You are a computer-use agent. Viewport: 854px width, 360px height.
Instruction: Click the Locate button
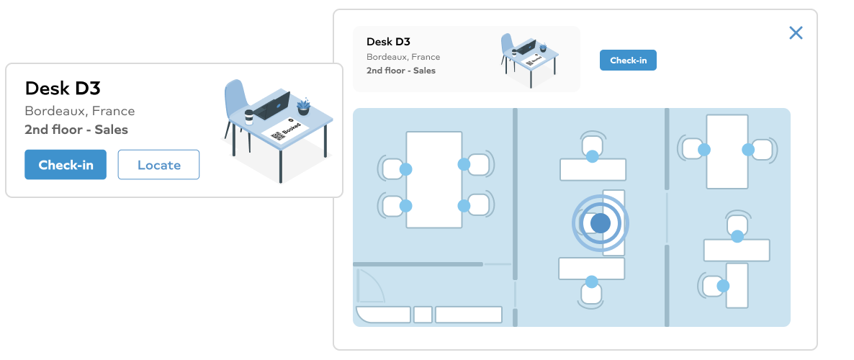(158, 164)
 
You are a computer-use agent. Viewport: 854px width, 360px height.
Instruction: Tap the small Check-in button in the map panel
(628, 60)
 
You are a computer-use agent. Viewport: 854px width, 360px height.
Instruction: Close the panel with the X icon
(796, 33)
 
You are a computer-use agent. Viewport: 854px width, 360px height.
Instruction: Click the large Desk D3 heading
(63, 88)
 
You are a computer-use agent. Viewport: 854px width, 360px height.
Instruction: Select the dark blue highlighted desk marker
(601, 223)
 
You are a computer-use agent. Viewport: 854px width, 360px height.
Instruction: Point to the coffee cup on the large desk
(249, 117)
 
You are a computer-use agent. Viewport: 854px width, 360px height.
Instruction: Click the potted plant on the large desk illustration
(303, 107)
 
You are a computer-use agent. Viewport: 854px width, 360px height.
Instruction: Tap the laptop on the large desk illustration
(272, 105)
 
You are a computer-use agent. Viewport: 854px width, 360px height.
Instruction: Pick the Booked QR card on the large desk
(286, 130)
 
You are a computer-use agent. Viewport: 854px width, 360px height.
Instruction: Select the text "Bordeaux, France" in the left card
(79, 111)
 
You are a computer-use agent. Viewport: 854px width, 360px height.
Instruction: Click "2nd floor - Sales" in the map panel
(401, 71)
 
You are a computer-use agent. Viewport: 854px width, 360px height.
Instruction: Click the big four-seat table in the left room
(434, 180)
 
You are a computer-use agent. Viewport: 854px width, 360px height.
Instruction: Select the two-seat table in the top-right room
(727, 151)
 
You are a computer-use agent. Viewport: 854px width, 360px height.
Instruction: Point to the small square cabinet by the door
(423, 315)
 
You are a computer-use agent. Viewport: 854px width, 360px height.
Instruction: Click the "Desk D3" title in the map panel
(388, 42)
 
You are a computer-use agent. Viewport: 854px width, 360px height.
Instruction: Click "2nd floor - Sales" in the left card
(76, 130)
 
